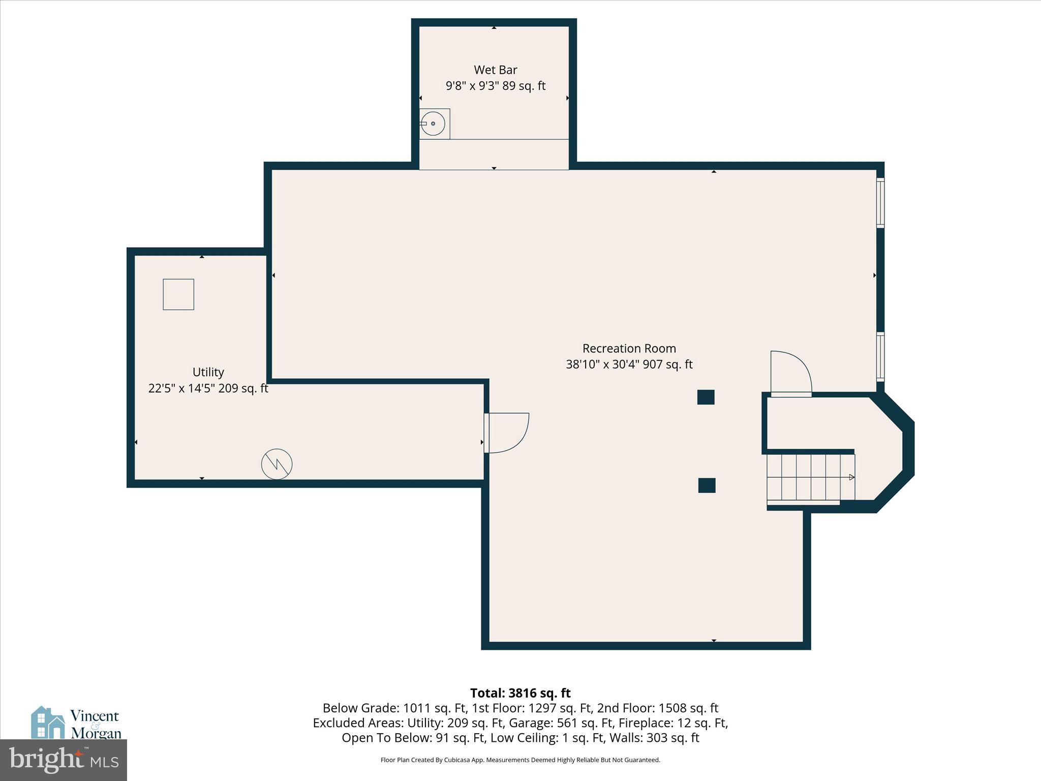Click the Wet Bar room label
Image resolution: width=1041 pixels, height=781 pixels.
click(x=495, y=70)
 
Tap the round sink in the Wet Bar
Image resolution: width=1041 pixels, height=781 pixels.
click(x=433, y=124)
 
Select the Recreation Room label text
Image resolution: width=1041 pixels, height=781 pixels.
click(x=629, y=349)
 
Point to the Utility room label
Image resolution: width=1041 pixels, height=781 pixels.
click(x=208, y=372)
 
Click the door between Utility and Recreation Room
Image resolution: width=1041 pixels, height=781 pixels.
click(x=506, y=433)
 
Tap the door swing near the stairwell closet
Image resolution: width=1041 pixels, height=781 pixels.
click(x=790, y=373)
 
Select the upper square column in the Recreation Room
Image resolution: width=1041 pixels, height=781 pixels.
click(x=706, y=397)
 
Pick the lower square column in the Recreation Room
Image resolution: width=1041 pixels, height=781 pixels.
click(x=707, y=486)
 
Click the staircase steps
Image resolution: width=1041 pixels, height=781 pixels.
click(x=810, y=477)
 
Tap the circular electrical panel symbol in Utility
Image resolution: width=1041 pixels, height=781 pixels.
click(x=277, y=464)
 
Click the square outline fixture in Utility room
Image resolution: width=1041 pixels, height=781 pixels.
click(x=178, y=294)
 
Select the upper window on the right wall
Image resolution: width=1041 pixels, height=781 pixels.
click(x=880, y=202)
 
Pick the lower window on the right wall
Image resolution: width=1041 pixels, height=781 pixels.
click(x=880, y=356)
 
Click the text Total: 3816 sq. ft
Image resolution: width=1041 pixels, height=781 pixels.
click(x=520, y=693)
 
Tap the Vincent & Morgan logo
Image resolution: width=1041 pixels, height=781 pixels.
click(x=76, y=723)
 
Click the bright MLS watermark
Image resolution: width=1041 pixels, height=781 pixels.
click(x=63, y=760)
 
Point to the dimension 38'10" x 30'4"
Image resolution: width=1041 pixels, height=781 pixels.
click(x=629, y=365)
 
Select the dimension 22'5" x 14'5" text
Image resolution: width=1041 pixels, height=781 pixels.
click(x=208, y=388)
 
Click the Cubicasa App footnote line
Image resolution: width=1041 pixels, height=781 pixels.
click(x=520, y=760)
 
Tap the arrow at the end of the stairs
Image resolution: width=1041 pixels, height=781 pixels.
click(x=851, y=477)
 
